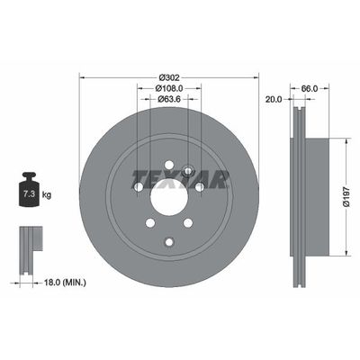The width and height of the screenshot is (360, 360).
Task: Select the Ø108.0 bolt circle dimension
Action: (169, 87)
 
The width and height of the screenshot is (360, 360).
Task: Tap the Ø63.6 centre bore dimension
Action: (169, 100)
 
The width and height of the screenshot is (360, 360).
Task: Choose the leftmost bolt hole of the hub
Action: (137, 188)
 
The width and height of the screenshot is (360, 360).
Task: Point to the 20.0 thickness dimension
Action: (274, 100)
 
